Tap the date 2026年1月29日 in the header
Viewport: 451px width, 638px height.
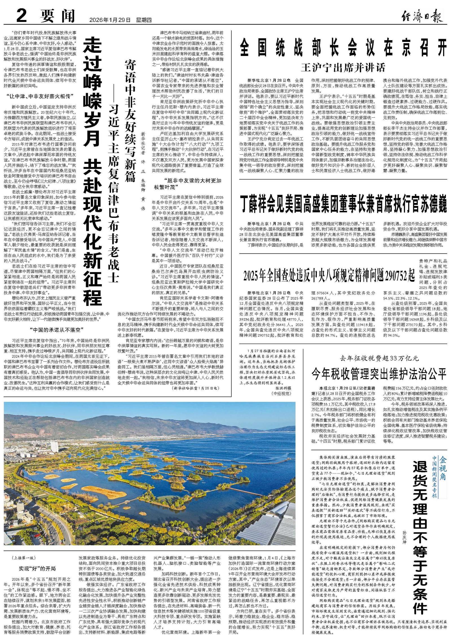[x=110, y=20]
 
